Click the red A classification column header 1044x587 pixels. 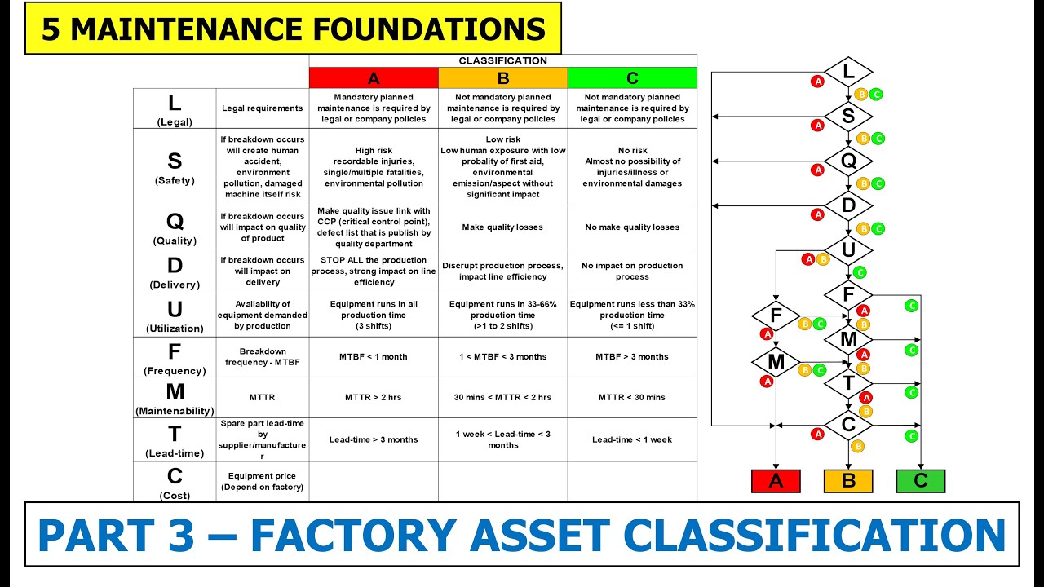coord(374,78)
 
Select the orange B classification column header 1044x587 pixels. coord(502,78)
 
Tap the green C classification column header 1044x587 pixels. coord(632,78)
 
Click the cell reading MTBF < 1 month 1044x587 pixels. coord(374,356)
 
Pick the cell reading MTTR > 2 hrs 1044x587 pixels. coord(374,397)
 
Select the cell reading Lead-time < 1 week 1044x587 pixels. coord(632,439)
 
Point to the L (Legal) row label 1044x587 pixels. coord(175,108)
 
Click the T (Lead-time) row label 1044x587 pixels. coord(175,439)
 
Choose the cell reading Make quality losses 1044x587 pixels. coord(502,227)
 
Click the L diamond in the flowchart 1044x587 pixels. coord(848,72)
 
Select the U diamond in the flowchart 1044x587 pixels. coord(848,249)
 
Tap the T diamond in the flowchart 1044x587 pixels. coord(848,382)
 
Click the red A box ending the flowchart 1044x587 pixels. coord(776,481)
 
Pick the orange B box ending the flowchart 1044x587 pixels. coord(848,481)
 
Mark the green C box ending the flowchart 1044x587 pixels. coord(921,481)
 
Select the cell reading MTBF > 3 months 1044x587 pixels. coord(632,356)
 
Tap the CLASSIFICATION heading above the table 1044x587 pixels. coord(502,60)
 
